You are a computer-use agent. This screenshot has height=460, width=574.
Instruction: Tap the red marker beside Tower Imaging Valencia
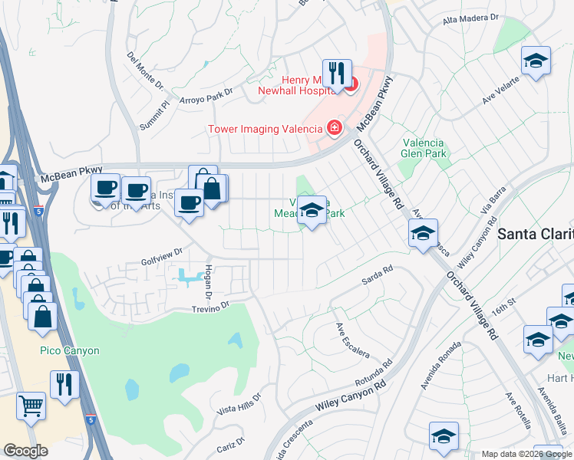coord(334,128)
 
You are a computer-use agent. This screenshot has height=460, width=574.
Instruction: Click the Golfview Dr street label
coord(161,251)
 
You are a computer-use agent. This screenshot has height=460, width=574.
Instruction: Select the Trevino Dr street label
coord(210,306)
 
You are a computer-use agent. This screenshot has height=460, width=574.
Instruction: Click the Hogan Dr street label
coord(207,281)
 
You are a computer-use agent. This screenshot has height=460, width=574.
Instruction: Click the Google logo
coord(26,451)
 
